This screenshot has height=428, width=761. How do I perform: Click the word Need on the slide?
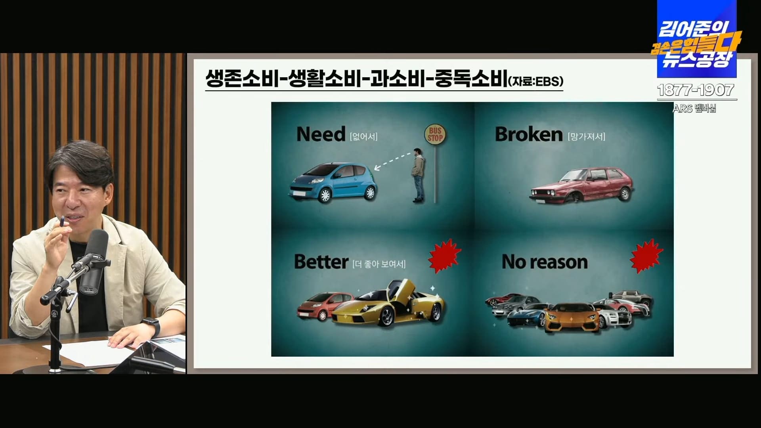tap(321, 134)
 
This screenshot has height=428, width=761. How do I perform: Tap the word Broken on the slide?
tap(528, 135)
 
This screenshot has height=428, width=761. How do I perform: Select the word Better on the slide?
tap(321, 262)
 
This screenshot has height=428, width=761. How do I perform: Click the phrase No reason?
tap(545, 262)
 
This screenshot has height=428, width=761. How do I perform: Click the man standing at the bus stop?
tap(418, 174)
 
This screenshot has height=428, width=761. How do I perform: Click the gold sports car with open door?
tap(390, 305)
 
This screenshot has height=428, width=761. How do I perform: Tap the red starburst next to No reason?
tap(646, 254)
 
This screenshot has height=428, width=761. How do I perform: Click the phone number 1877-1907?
tap(696, 90)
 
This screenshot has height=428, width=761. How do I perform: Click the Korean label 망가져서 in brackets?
tap(586, 137)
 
